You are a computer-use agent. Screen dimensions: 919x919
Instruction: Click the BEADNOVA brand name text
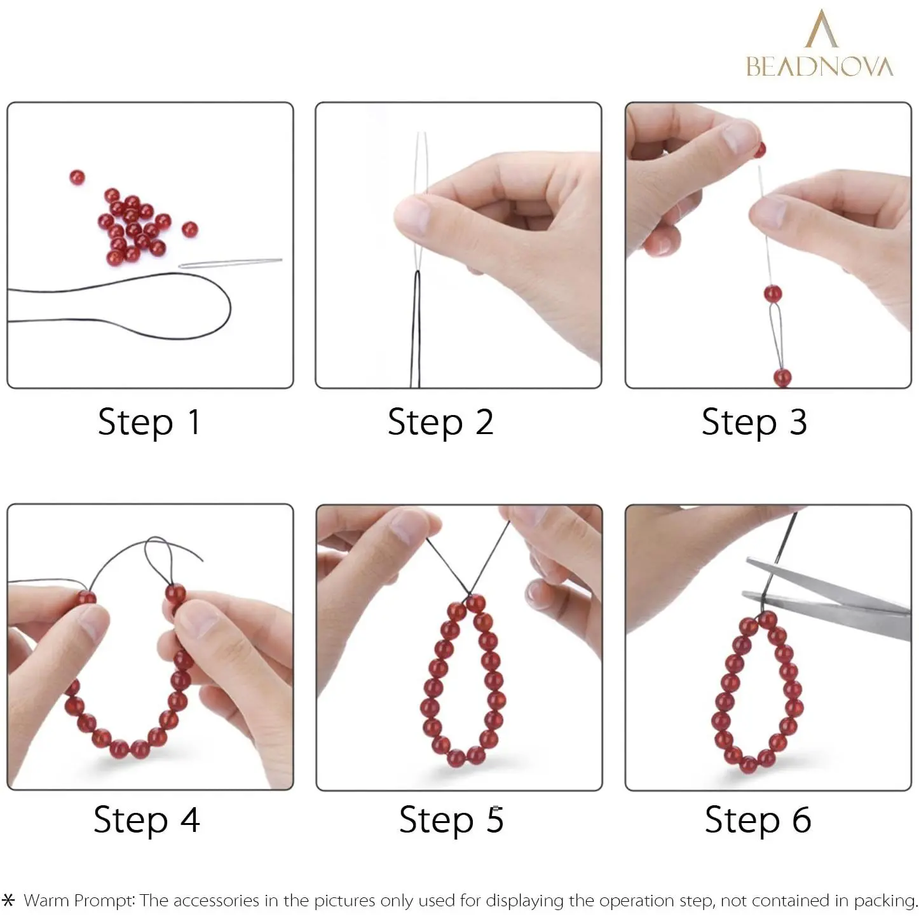(x=819, y=66)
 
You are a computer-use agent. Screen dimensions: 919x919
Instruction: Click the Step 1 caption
(x=149, y=422)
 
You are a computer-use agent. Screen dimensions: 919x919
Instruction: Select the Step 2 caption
(x=440, y=422)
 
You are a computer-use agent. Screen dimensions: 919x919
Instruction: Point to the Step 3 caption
(x=754, y=422)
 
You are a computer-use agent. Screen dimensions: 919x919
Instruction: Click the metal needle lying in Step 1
(x=230, y=262)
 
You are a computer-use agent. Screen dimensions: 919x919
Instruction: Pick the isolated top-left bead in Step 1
(x=77, y=177)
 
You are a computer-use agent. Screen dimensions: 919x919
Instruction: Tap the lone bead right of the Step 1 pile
(x=189, y=229)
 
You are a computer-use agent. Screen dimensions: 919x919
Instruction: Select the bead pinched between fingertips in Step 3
(x=759, y=150)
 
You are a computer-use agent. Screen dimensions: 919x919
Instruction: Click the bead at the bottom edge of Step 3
(x=782, y=378)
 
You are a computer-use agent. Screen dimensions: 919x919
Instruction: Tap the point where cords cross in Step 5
(x=469, y=596)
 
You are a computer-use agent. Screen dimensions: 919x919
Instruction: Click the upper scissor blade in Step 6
(x=827, y=586)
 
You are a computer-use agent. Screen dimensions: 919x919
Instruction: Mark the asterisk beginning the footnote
(x=9, y=900)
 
